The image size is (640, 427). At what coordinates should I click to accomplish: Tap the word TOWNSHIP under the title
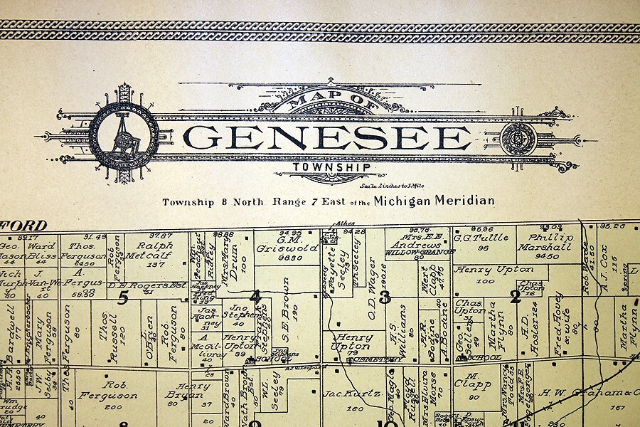(x=331, y=168)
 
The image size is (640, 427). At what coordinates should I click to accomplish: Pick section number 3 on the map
(x=385, y=297)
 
